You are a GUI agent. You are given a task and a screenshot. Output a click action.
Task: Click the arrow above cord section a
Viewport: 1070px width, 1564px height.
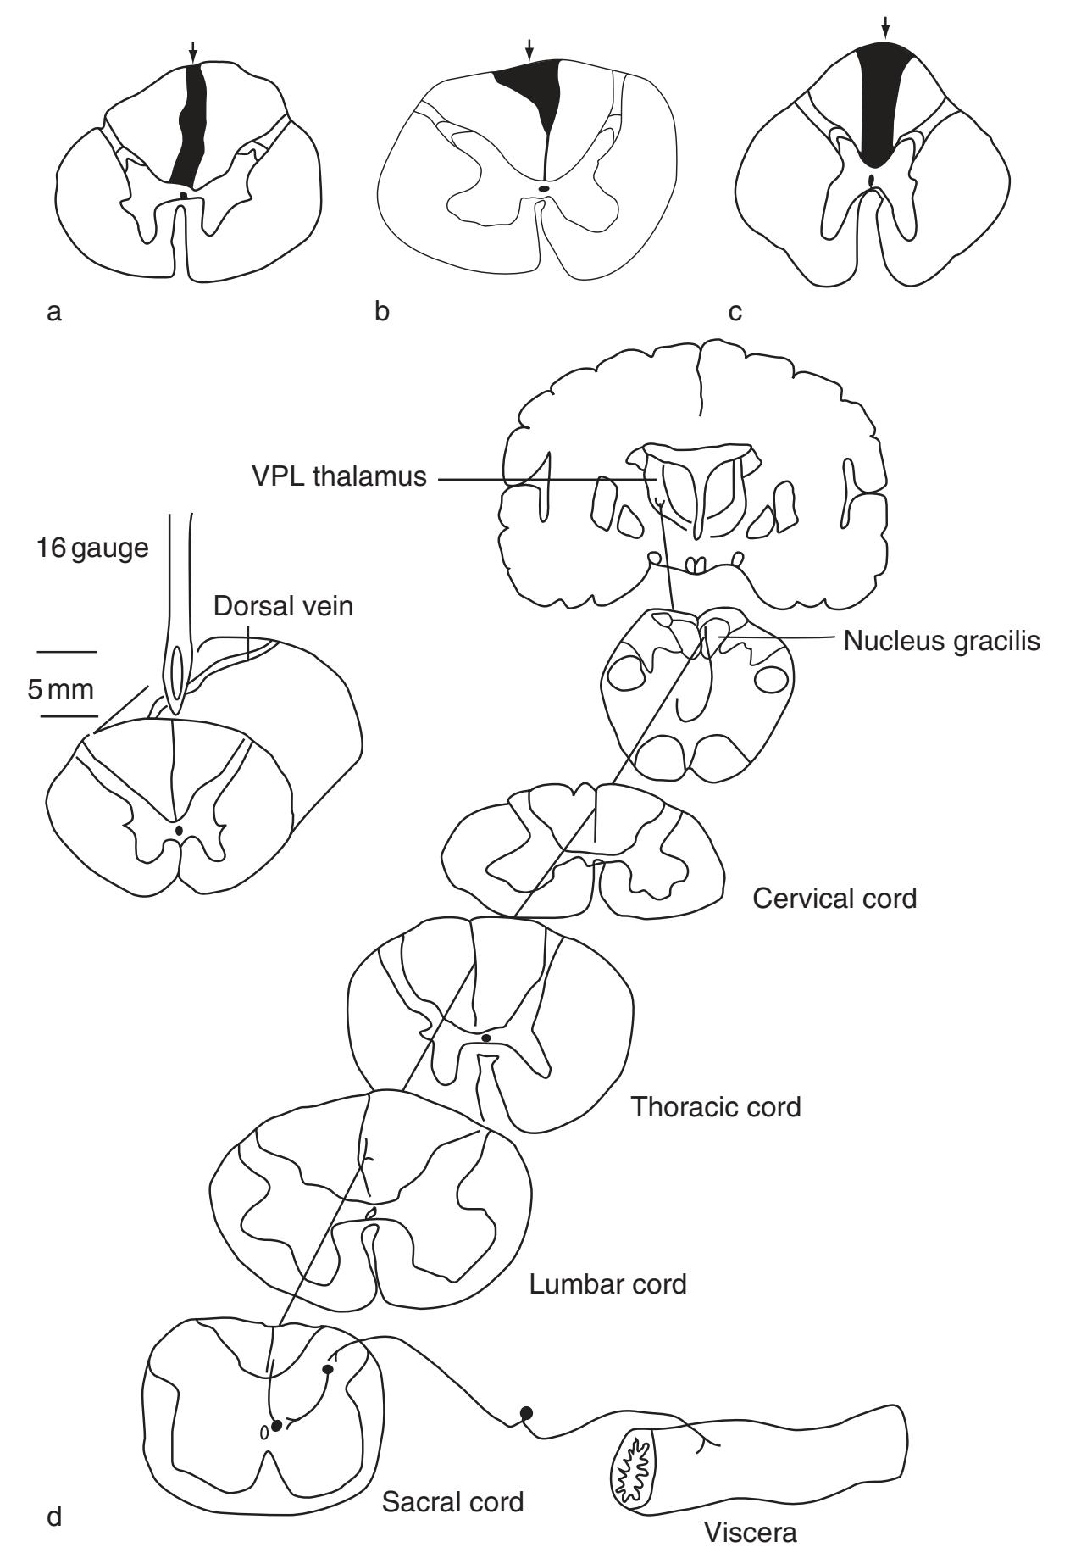click(x=193, y=52)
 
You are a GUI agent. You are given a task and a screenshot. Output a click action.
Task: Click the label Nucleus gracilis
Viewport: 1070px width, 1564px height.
click(x=941, y=641)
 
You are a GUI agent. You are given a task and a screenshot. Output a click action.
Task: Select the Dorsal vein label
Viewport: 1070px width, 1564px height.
click(x=283, y=607)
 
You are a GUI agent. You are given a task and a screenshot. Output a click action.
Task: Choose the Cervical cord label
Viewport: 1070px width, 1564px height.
click(x=834, y=898)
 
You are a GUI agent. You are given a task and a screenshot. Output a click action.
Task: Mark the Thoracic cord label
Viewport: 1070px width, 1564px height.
click(x=716, y=1107)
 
